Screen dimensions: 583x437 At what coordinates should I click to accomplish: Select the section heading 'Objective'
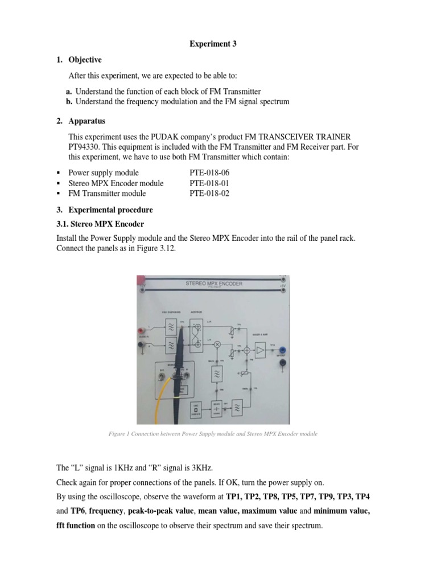[85, 59]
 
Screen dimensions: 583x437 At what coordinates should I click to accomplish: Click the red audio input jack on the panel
[143, 329]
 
